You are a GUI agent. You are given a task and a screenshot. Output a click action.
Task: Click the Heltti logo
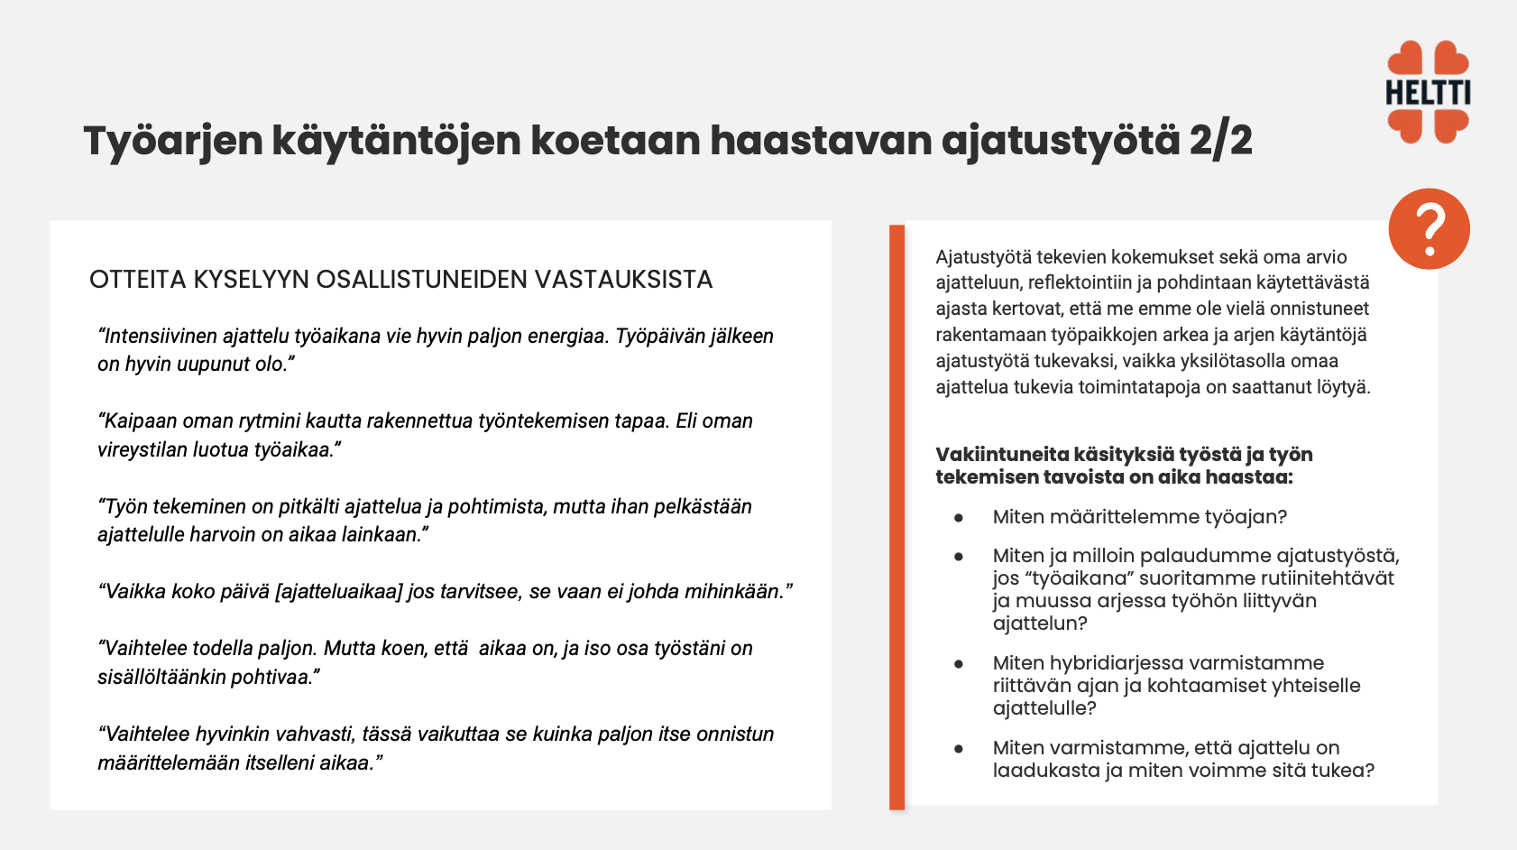(x=1428, y=92)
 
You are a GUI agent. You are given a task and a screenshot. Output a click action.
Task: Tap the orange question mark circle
(x=1429, y=228)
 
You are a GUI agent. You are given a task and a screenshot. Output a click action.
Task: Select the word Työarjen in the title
(x=173, y=142)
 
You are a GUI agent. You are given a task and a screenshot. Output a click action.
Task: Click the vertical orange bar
(x=896, y=516)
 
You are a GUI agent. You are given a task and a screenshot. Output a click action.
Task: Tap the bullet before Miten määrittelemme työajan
(x=959, y=518)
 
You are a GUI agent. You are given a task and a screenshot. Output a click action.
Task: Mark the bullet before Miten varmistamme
(x=959, y=749)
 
